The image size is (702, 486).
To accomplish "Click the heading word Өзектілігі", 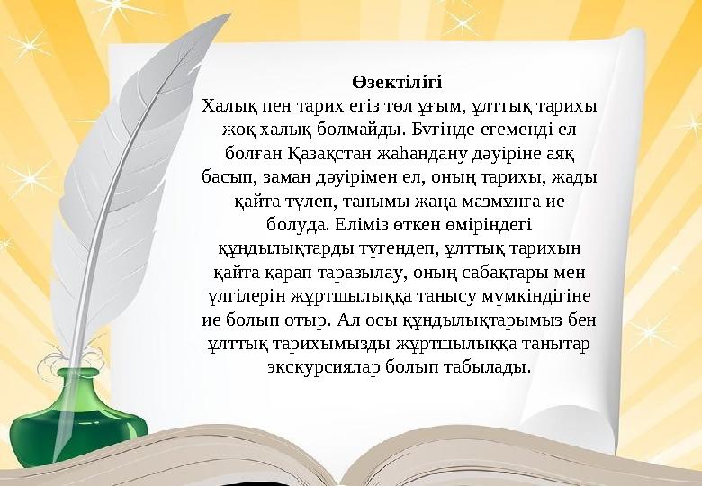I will tap(398, 85).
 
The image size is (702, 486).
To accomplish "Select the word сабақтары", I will tap(503, 271).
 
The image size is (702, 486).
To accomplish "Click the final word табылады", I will tap(490, 367).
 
